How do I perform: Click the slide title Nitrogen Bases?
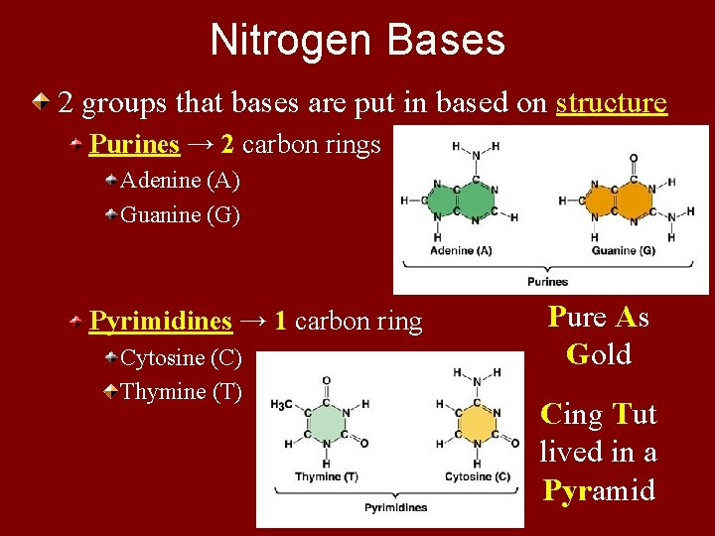pos(357,41)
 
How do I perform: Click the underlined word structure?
pos(612,103)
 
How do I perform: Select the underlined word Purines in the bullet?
pos(134,145)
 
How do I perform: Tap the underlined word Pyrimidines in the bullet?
pos(161,322)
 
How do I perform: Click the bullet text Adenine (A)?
pos(180,181)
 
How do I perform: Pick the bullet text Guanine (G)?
pos(180,215)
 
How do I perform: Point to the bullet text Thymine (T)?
pos(181,392)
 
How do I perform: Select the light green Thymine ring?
pos(326,424)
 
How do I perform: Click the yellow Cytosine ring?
pos(477,424)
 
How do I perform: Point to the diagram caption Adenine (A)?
pos(461,251)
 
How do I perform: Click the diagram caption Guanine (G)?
pos(623,251)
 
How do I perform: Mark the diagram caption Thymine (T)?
pos(326,477)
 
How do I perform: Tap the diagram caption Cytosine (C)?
pos(478,477)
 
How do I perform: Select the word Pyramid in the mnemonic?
pos(598,489)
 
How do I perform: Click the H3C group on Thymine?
pos(283,405)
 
